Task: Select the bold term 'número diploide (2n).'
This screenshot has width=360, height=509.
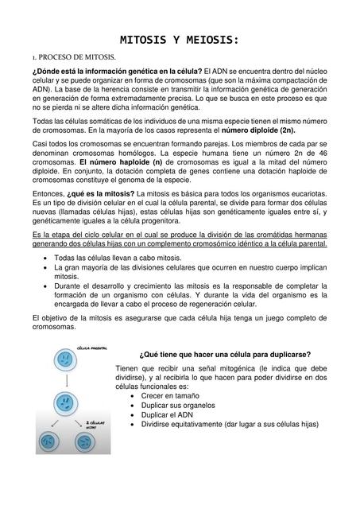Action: point(259,129)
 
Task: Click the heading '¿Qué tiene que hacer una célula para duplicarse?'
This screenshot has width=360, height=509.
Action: point(225,354)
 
